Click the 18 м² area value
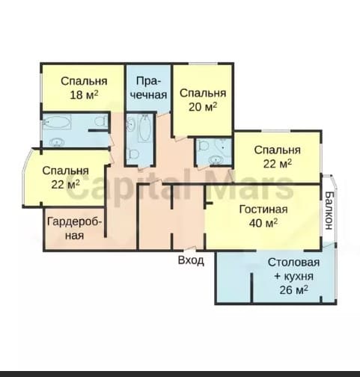84,95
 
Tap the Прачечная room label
148,88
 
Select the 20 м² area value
203,107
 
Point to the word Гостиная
263,209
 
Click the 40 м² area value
263,223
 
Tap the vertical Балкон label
329,210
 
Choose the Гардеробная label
74,228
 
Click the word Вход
191,260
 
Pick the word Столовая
293,263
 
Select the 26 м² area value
293,290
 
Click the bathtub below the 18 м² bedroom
57,122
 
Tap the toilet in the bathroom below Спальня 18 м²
101,121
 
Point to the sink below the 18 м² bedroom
57,142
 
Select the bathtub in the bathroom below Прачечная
144,128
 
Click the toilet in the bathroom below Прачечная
132,154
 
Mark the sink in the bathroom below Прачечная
130,124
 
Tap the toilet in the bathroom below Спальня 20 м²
203,146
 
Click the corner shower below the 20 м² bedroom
224,147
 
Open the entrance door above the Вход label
190,248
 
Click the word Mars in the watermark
251,186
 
